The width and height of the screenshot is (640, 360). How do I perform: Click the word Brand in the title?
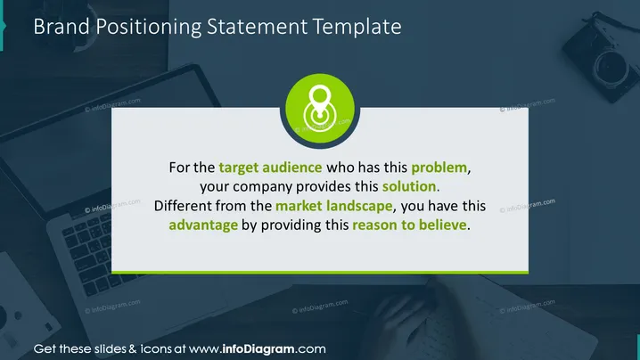tap(62, 27)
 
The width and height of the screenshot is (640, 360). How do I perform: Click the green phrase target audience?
tap(270, 168)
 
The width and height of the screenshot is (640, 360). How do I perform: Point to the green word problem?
tap(439, 168)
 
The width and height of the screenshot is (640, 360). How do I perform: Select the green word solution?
tap(409, 186)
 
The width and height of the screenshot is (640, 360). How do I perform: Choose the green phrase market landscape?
tap(334, 206)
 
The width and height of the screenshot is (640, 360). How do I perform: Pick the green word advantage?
tap(203, 225)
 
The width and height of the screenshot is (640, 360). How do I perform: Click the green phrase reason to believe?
tap(409, 225)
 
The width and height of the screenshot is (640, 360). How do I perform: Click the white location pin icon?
tap(320, 108)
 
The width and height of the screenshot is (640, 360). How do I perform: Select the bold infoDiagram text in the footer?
tap(258, 349)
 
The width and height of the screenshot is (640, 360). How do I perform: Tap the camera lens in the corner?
tap(611, 68)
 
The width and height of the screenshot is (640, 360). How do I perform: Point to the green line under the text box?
tap(320, 273)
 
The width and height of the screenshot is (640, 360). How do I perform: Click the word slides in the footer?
tap(111, 349)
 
